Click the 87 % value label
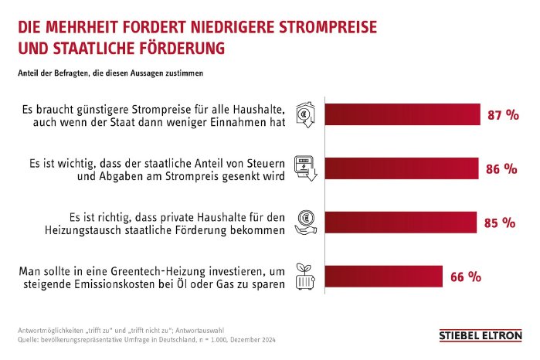click(x=503, y=115)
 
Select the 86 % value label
click(x=501, y=169)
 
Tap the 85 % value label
click(x=499, y=222)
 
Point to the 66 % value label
click(x=465, y=276)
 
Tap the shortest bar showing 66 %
click(x=382, y=276)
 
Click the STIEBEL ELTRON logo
click(x=480, y=336)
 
